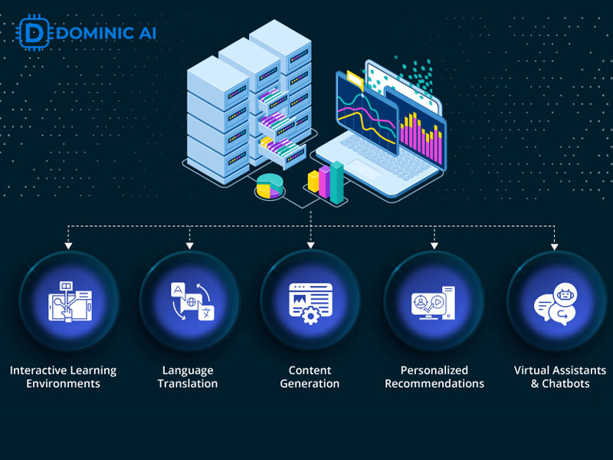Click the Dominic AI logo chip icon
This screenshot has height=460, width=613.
pos(30,34)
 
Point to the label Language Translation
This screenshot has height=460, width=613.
pos(188,376)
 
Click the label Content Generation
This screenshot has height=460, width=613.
pos(310,376)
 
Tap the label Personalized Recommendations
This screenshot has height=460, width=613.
pos(434,376)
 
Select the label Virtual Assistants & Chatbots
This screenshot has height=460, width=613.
pos(560,376)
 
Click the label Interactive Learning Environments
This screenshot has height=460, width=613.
pos(64,376)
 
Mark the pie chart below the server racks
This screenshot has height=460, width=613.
pos(269,186)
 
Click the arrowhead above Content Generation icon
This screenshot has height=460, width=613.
pos(310,245)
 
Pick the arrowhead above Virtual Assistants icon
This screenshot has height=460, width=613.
pos(556,245)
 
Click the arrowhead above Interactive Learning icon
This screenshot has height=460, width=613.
pos(69,245)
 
